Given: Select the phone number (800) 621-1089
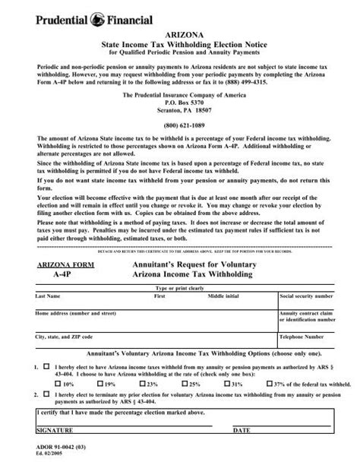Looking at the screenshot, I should click(179, 124).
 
